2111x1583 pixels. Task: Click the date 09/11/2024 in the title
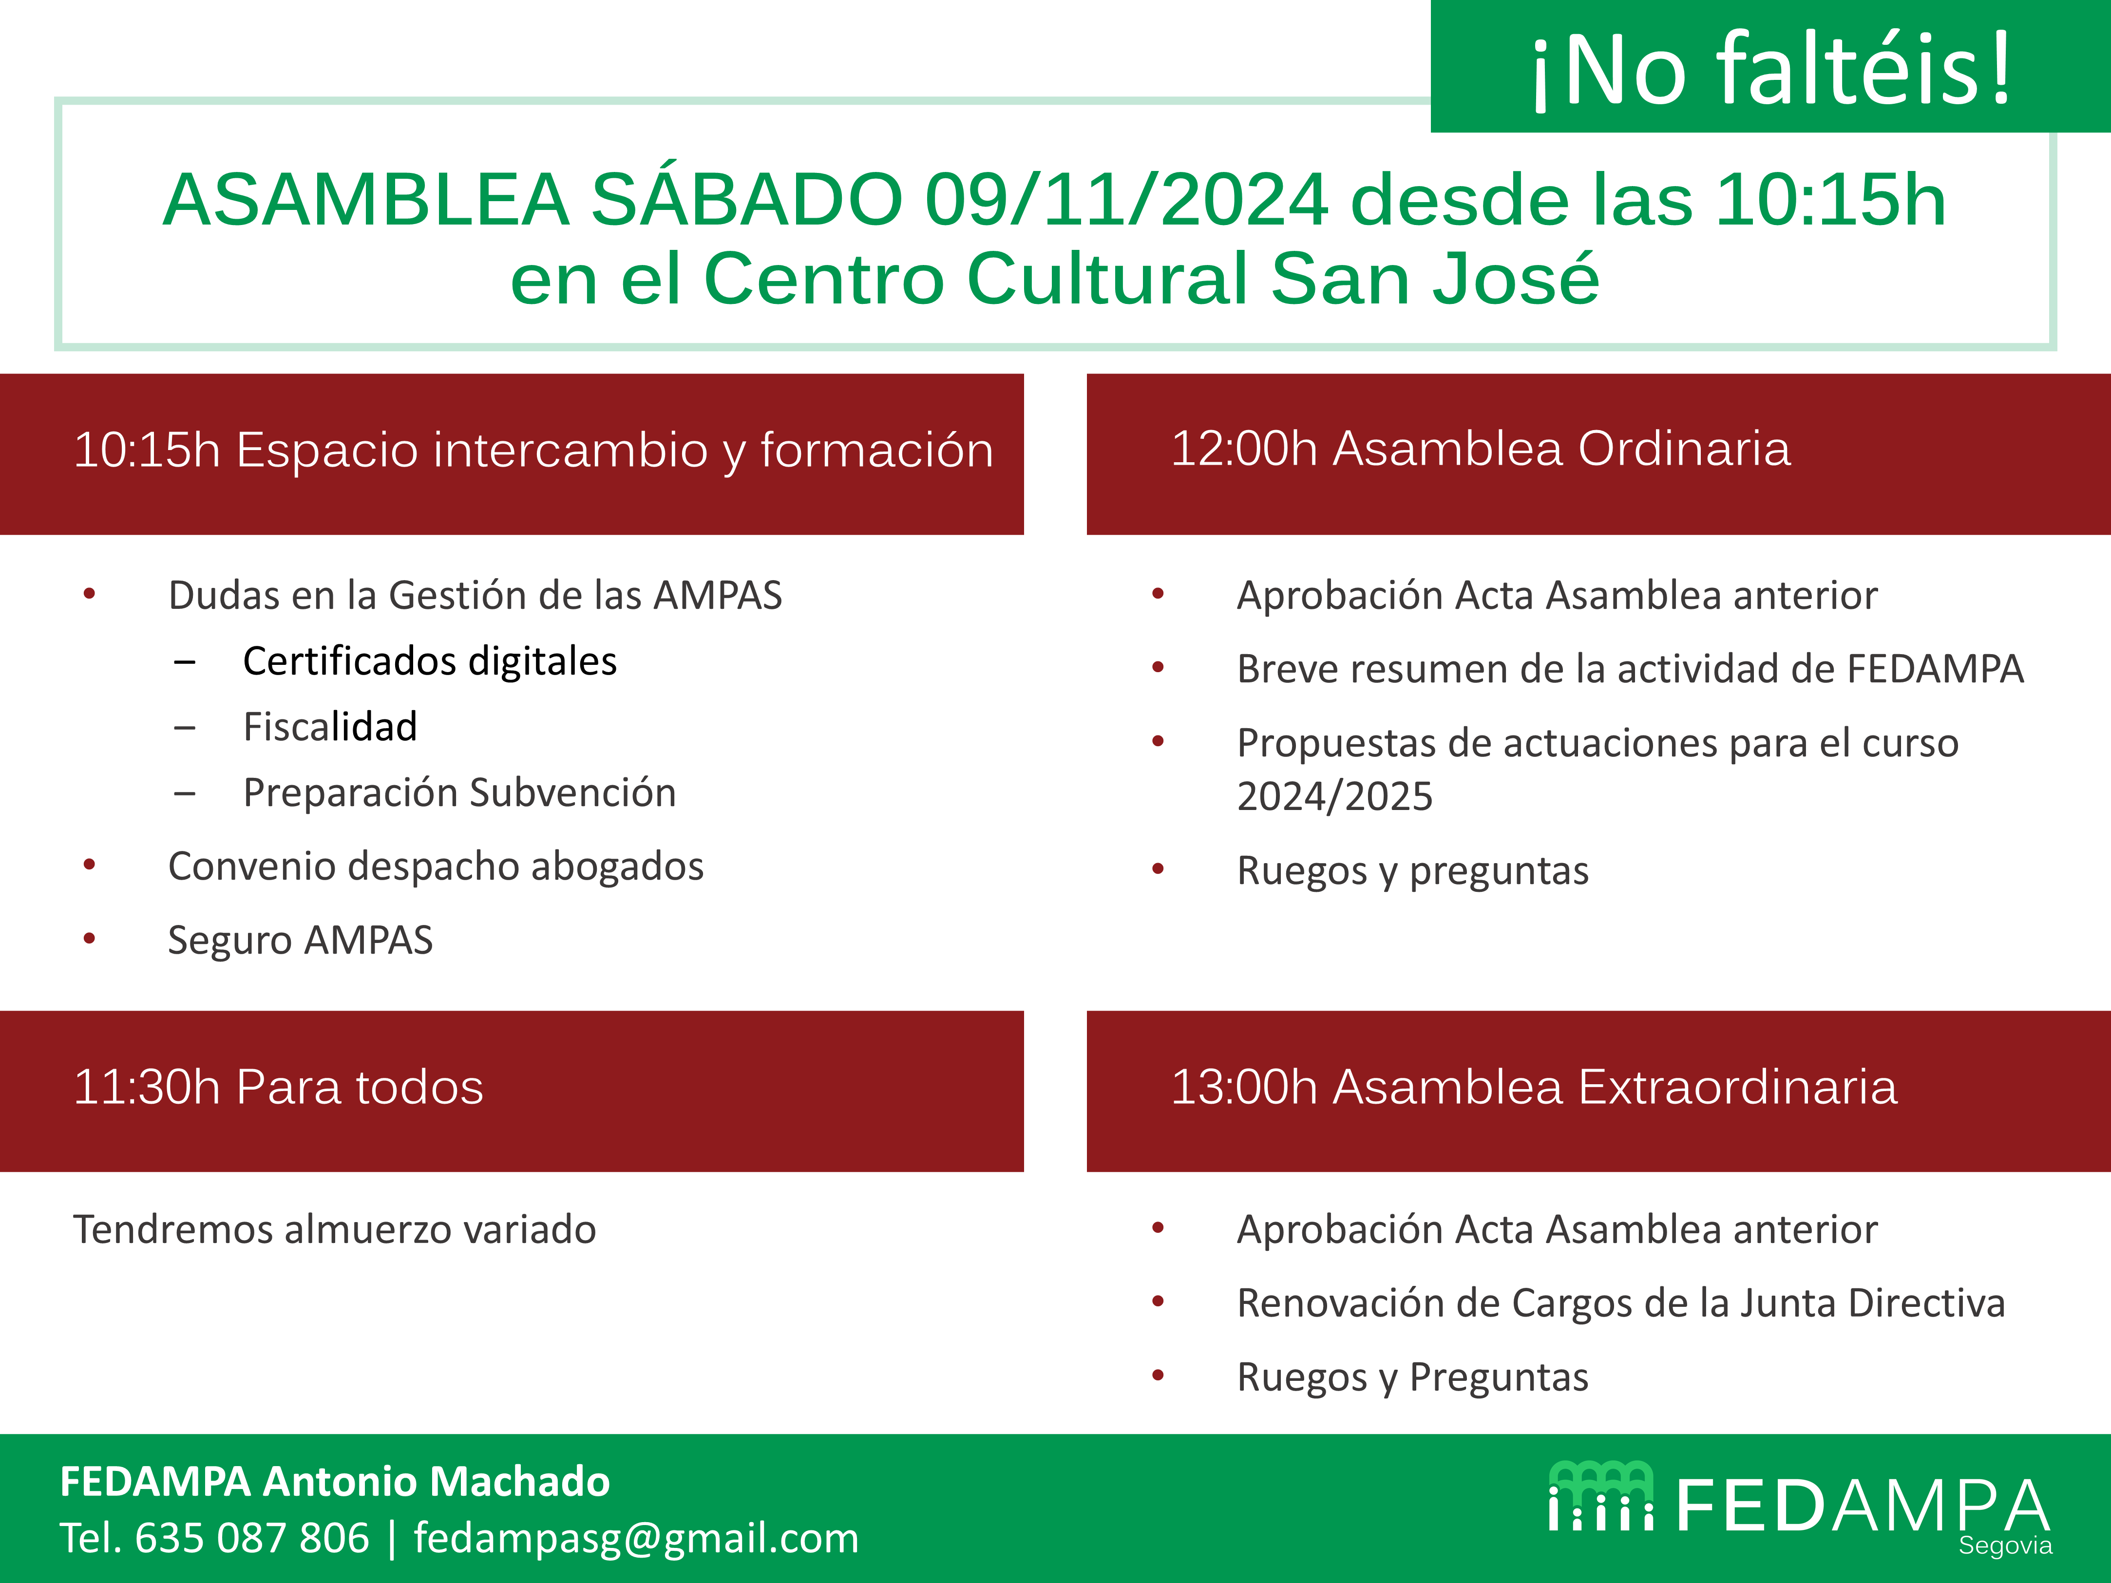click(1126, 200)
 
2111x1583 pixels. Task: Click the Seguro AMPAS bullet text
click(301, 940)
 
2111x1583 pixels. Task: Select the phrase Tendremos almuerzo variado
click(335, 1229)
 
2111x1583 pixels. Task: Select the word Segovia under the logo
click(2005, 1546)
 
